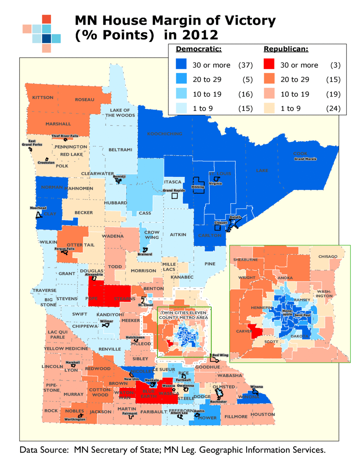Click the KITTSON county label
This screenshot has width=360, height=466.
pos(43,97)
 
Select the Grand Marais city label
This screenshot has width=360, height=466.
pos(305,159)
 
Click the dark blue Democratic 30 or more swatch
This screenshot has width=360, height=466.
pos(181,65)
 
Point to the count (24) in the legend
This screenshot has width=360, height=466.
pos(333,109)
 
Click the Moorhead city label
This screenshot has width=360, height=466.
pos(38,208)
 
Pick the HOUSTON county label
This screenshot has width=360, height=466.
pos(263,414)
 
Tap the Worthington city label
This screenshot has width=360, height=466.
pos(75,419)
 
